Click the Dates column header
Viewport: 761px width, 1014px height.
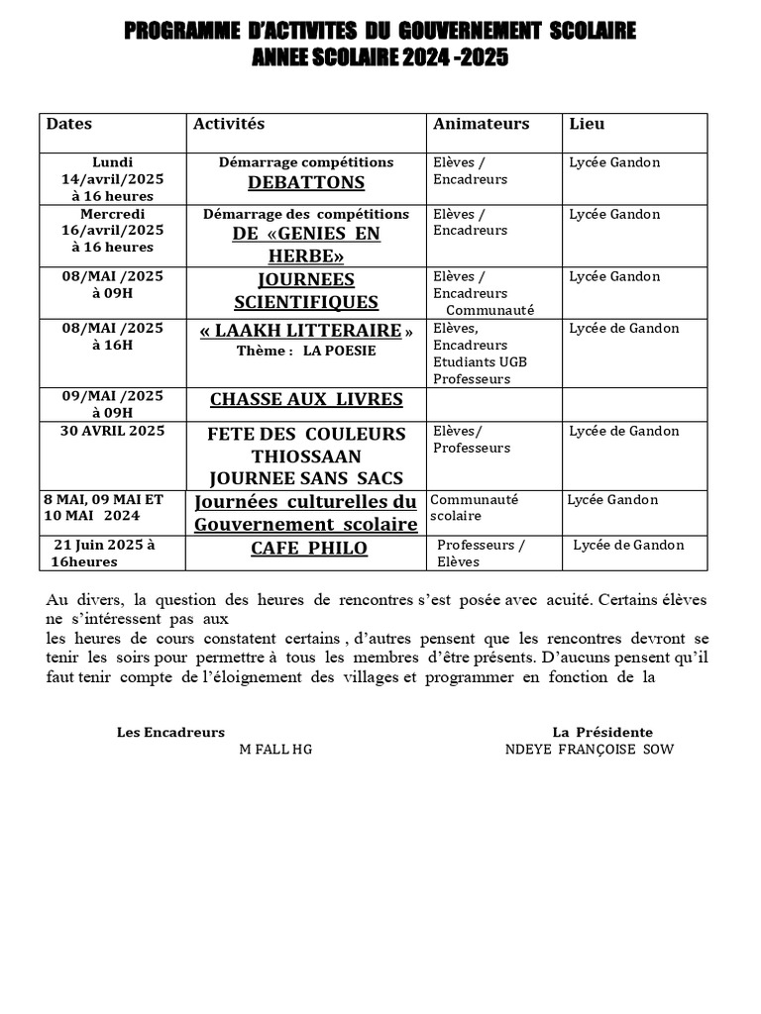pyautogui.click(x=69, y=125)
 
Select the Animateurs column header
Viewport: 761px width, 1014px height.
pyautogui.click(x=481, y=125)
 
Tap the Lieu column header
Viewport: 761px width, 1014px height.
pyautogui.click(x=587, y=125)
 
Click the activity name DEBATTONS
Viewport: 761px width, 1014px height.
pyautogui.click(x=305, y=183)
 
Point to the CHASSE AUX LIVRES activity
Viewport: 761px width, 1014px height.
pyautogui.click(x=306, y=400)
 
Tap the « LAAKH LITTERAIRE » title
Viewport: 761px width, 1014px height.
pyautogui.click(x=305, y=331)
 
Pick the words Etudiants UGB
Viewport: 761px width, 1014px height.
pyautogui.click(x=480, y=362)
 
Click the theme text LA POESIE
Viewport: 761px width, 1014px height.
pyautogui.click(x=340, y=351)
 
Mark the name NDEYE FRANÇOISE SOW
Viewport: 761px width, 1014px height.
pyautogui.click(x=589, y=750)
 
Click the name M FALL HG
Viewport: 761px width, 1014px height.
pyautogui.click(x=275, y=750)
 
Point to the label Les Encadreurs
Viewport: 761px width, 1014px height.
pyautogui.click(x=170, y=733)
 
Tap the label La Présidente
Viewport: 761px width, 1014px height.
pyautogui.click(x=602, y=733)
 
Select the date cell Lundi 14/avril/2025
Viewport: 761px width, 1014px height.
pyautogui.click(x=112, y=179)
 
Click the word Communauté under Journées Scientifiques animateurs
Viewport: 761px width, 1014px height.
pyautogui.click(x=489, y=310)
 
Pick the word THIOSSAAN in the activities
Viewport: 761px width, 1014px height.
pyautogui.click(x=305, y=456)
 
